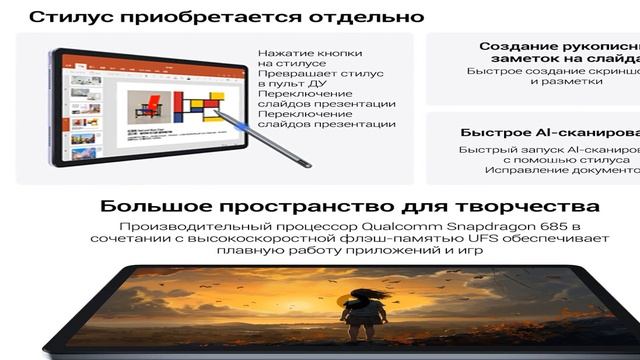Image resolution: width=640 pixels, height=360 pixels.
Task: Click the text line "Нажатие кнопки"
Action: tap(305, 53)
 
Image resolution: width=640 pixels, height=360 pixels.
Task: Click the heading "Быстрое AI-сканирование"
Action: tap(550, 132)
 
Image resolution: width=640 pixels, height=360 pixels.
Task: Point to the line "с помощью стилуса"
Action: tap(565, 159)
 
